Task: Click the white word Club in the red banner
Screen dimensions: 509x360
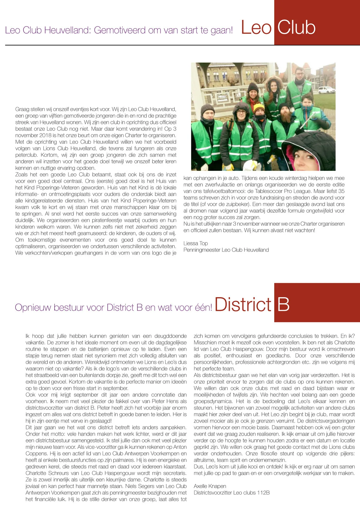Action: pos(296,27)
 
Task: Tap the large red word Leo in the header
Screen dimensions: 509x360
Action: pos(256,27)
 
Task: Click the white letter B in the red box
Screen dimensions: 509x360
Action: pos(283,304)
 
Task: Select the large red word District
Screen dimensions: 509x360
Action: pos(243,304)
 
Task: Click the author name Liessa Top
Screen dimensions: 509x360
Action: pos(196,243)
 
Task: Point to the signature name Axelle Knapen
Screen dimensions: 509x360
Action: pos(210,486)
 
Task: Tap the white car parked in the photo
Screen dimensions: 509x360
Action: pos(326,90)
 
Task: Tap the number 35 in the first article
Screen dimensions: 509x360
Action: pos(341,191)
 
